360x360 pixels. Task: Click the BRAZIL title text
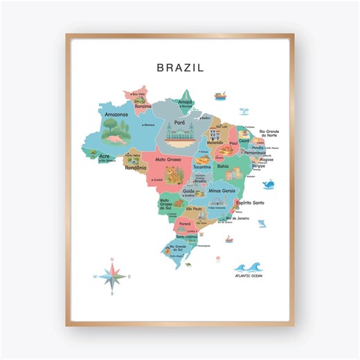tap(180, 68)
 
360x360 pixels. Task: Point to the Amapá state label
tap(186, 102)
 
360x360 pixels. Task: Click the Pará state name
tap(179, 123)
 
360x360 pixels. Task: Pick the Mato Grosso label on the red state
tap(169, 160)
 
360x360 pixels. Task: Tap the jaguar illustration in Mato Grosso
tap(174, 172)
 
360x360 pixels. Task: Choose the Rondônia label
tap(136, 167)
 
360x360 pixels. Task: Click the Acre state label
tap(104, 156)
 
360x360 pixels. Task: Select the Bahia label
tap(223, 166)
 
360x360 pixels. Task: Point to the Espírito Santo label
tap(250, 203)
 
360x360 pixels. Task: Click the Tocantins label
tap(203, 167)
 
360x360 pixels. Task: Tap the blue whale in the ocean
tap(269, 184)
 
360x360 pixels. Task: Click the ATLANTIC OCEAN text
tap(249, 278)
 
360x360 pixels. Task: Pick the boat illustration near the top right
tap(220, 96)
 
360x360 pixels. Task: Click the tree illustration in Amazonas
tap(113, 129)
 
